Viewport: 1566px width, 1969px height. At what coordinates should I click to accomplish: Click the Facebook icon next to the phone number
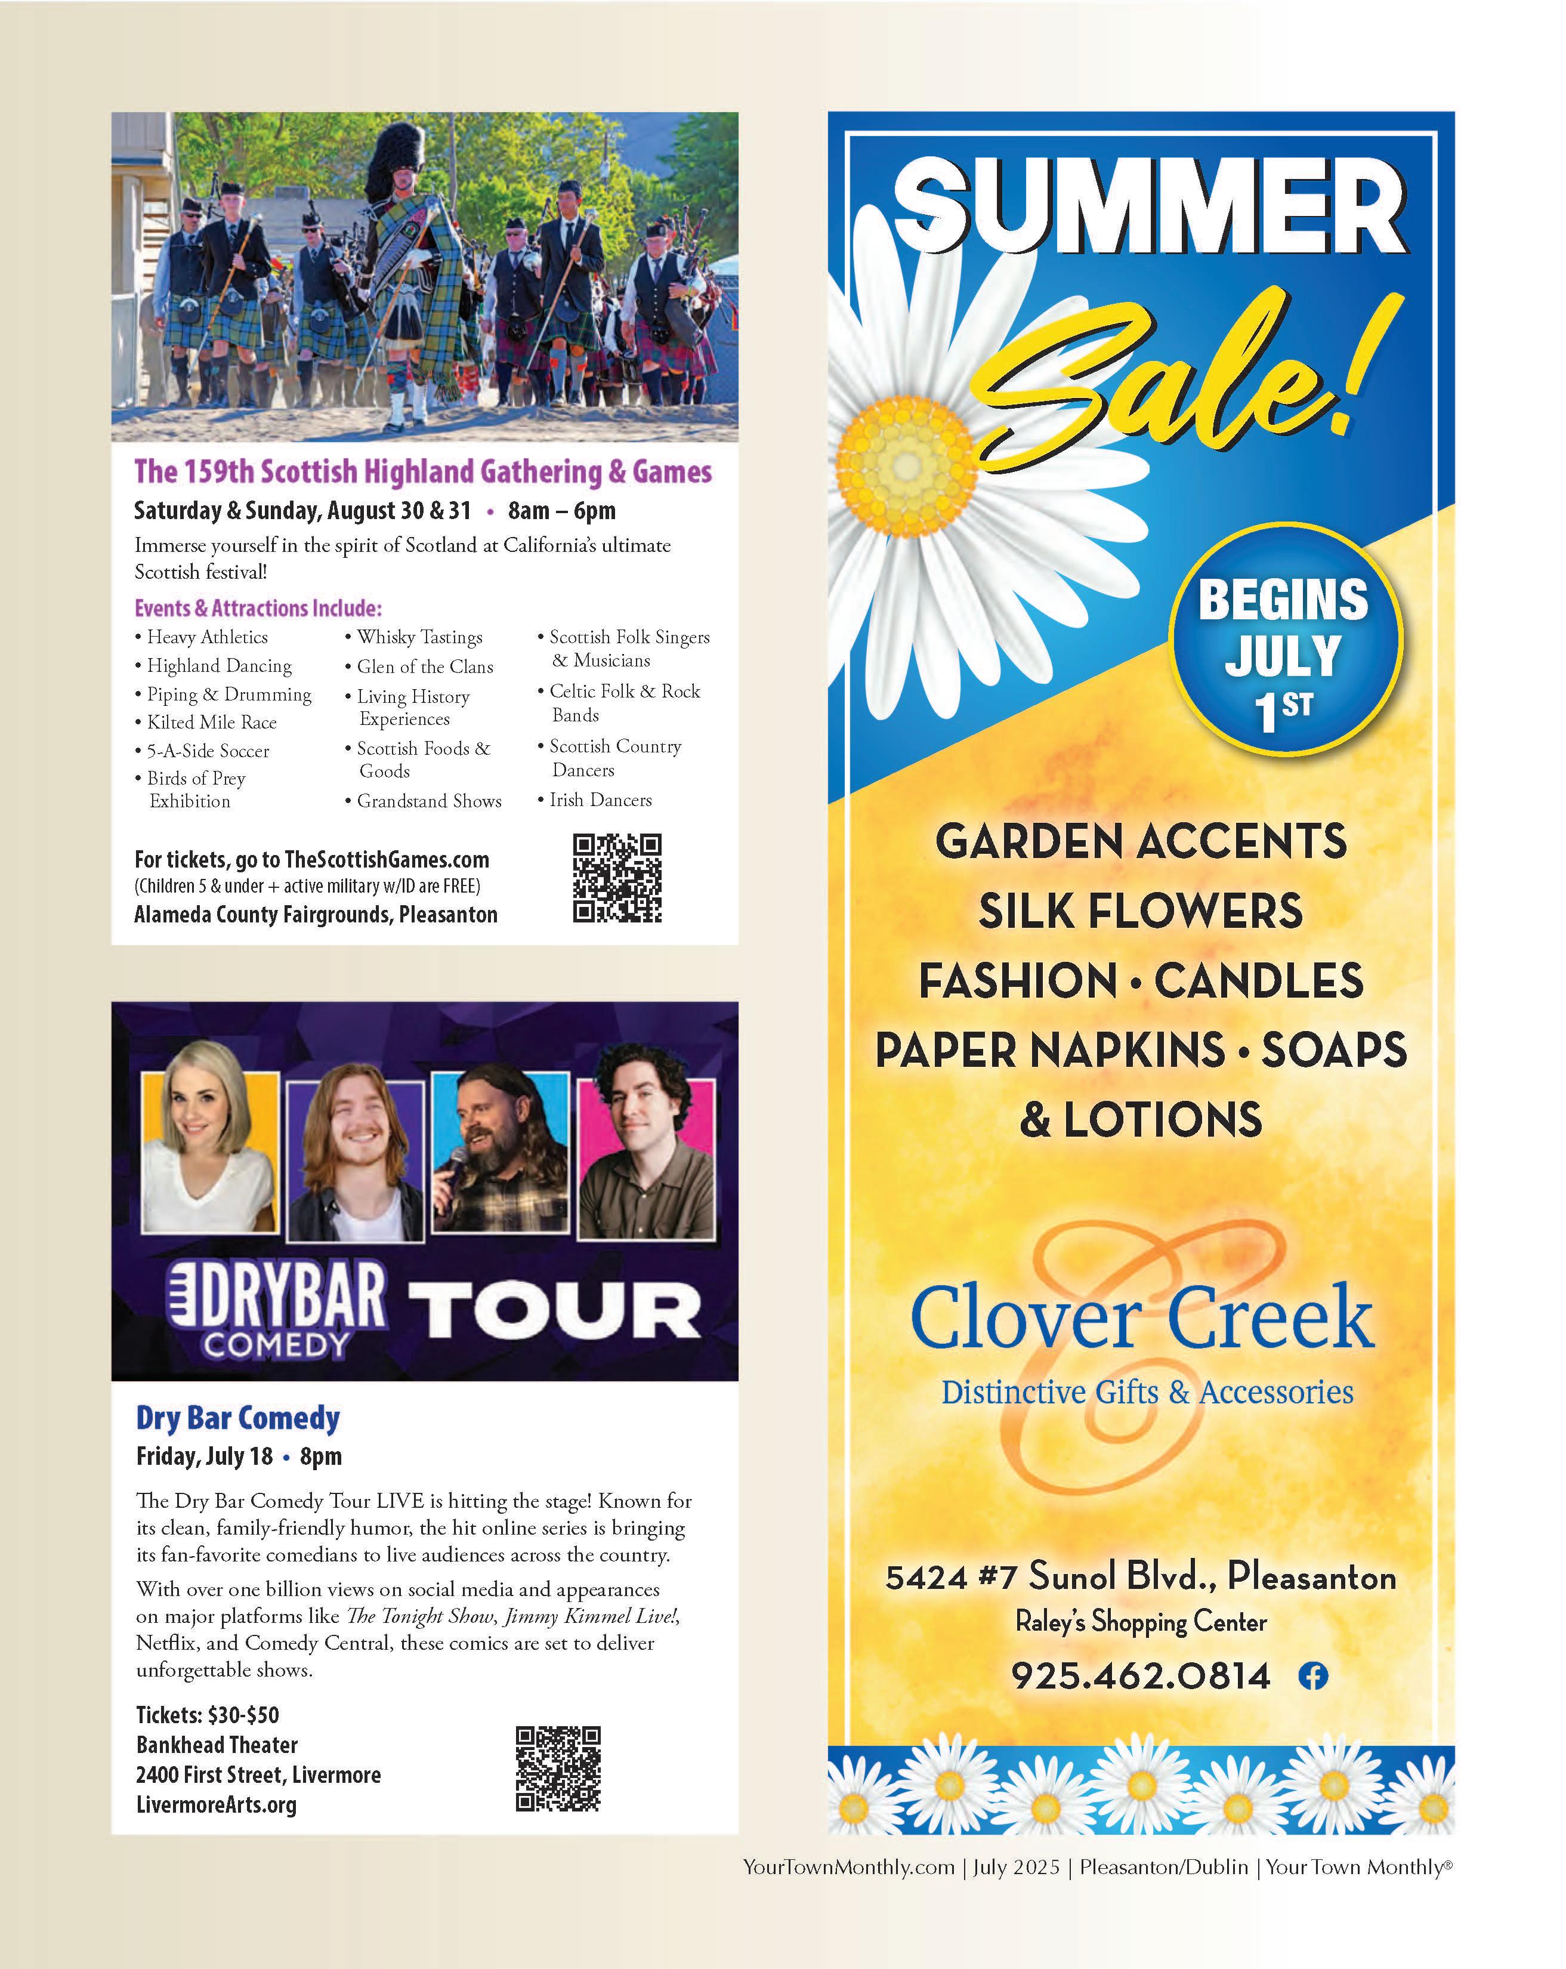pos(1313,1676)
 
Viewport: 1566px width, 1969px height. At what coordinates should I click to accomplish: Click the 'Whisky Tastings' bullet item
pos(419,637)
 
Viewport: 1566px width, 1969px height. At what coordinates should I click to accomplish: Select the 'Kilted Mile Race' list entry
pos(212,723)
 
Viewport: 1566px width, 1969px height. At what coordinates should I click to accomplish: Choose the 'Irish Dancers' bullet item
pos(600,800)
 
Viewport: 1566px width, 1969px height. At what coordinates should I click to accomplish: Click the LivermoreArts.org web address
pos(217,1804)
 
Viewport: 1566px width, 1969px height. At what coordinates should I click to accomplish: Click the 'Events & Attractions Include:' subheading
pos(258,608)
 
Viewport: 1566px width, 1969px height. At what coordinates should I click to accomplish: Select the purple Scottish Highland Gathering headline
pos(423,471)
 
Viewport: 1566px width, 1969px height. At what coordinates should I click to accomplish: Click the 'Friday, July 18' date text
pos(205,1456)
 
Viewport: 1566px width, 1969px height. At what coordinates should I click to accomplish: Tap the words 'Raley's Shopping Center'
pos(1141,1622)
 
